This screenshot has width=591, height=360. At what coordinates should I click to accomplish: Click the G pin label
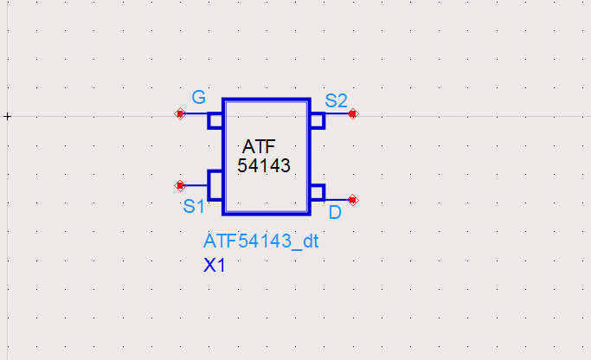(198, 95)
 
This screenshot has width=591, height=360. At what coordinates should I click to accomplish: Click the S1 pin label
(193, 207)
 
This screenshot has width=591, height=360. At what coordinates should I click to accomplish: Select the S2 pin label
(336, 99)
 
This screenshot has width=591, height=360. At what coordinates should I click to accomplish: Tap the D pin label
(335, 211)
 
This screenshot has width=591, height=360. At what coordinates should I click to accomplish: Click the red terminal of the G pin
(180, 113)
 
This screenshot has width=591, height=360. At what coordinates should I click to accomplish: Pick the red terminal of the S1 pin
(180, 184)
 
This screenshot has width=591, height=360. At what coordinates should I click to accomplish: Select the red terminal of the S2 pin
(352, 113)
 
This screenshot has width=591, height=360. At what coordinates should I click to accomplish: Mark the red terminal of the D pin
(352, 200)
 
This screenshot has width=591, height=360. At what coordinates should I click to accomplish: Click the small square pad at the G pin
(215, 120)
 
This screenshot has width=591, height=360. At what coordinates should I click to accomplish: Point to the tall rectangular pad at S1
(215, 184)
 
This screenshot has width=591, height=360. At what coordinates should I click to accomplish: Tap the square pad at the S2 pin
(317, 120)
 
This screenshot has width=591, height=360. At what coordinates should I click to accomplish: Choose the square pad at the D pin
(317, 192)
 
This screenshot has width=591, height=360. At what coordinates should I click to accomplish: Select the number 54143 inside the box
(264, 164)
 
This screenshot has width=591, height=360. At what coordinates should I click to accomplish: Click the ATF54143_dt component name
(261, 241)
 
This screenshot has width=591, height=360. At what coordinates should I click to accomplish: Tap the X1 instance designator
(215, 266)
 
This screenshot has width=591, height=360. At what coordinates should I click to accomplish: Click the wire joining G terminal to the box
(196, 113)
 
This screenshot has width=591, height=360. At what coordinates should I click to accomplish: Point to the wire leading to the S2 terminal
(337, 113)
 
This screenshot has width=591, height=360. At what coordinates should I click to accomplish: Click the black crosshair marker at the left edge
(7, 115)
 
